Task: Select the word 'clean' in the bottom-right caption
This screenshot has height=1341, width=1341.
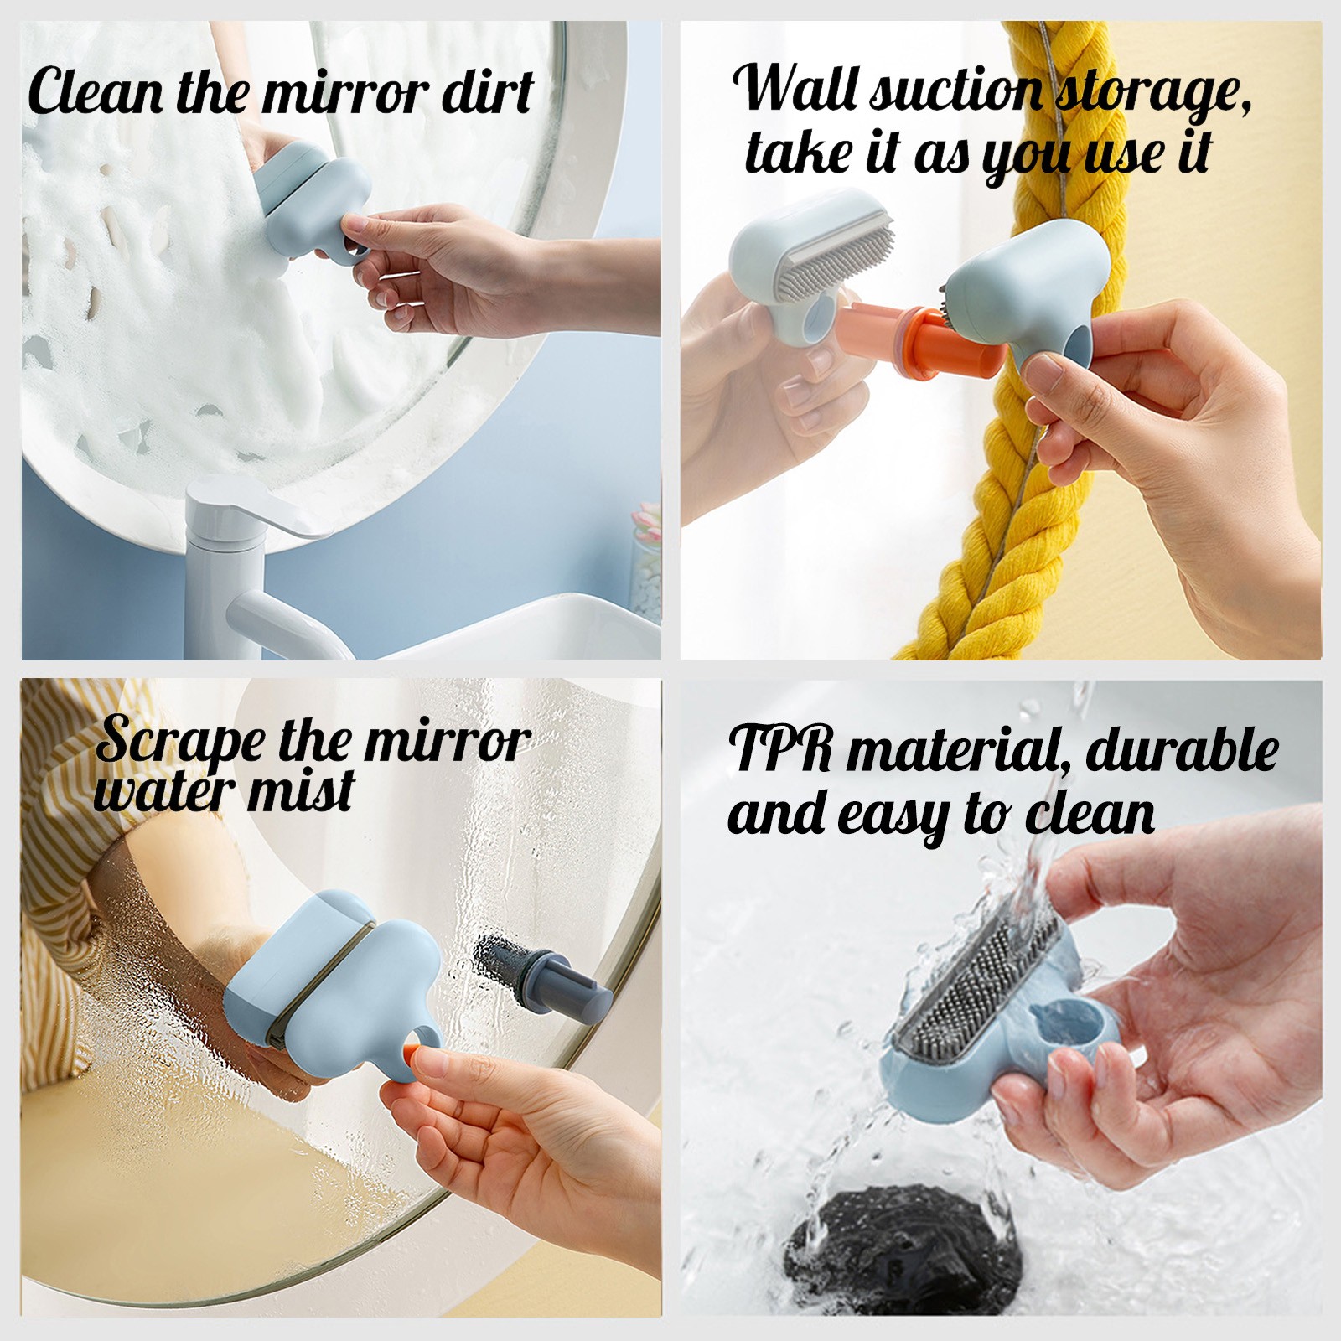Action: [x=1090, y=812]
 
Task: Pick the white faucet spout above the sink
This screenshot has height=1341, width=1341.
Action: [x=285, y=624]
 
